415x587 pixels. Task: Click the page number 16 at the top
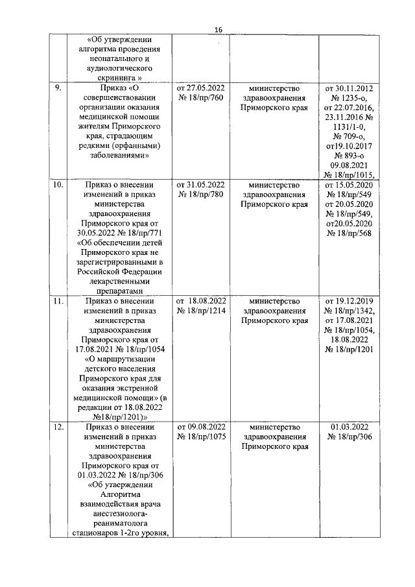tap(219, 30)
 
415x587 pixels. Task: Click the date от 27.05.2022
tap(201, 88)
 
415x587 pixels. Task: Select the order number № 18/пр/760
tap(201, 97)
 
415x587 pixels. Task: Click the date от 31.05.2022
tap(201, 185)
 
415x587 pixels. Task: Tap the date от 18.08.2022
tap(201, 302)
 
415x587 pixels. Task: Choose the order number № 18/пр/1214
tap(201, 311)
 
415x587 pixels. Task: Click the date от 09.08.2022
tap(201, 427)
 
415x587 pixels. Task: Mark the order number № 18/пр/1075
tap(201, 437)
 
